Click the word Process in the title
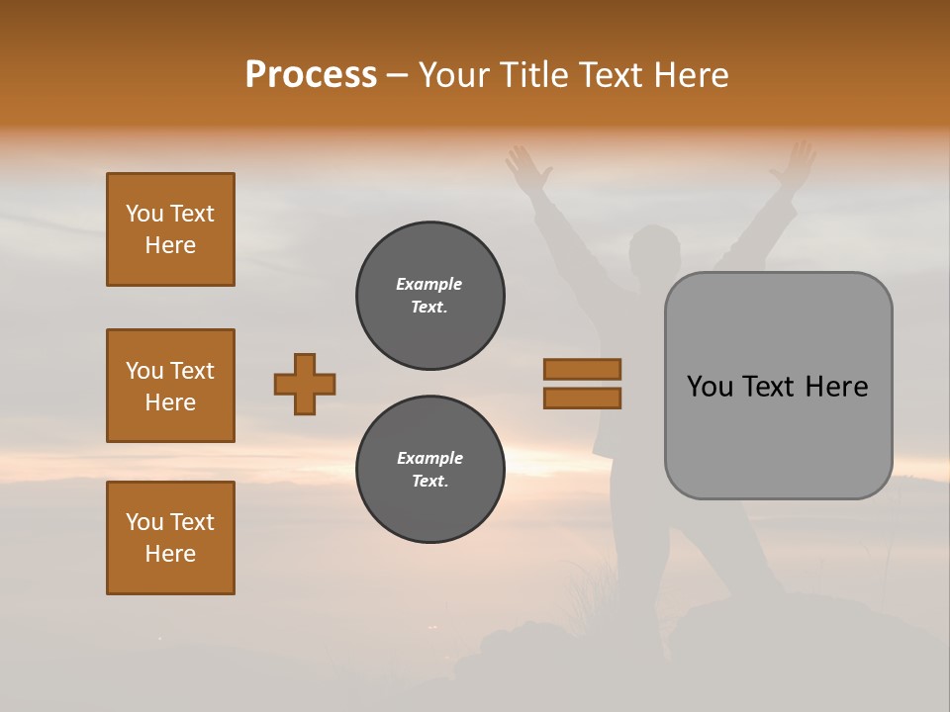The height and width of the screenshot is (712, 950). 311,75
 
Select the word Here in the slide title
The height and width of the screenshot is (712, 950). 692,75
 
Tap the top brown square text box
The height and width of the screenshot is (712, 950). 170,229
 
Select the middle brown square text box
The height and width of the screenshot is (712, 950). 170,386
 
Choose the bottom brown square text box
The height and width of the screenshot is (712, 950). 170,538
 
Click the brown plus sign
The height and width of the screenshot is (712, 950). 305,384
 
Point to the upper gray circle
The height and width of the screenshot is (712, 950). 430,296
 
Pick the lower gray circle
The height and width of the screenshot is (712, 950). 430,470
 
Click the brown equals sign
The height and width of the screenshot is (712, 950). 582,384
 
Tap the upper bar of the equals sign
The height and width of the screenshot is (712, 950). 582,369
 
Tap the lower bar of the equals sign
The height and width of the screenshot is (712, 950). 582,399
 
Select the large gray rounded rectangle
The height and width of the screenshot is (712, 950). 778,386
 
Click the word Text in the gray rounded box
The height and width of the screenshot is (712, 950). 770,387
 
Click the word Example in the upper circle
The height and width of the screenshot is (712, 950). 429,284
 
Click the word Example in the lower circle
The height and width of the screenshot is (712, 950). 429,458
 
